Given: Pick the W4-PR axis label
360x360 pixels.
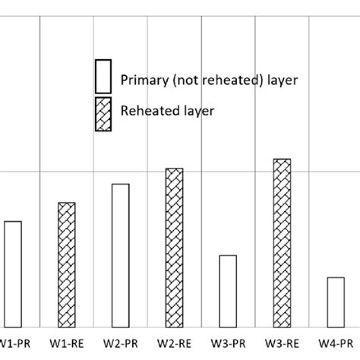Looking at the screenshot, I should (338, 343).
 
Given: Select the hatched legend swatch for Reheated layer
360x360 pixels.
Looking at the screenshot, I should (103, 114).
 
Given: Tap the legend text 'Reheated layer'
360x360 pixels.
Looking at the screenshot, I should (167, 110).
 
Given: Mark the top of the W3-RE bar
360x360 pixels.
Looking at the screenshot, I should (283, 159).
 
